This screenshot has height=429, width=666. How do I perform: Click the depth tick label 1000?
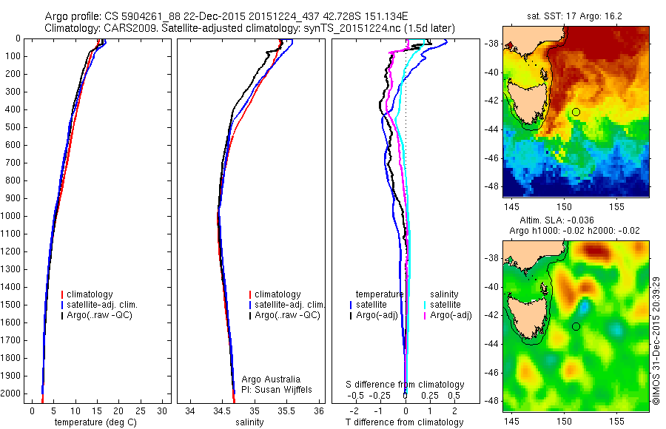click(11, 216)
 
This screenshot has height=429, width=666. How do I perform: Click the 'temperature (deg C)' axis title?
click(90, 422)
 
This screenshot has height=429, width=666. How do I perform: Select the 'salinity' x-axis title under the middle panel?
click(248, 422)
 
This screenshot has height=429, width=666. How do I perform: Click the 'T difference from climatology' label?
click(404, 422)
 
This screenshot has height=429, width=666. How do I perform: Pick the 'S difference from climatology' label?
click(406, 385)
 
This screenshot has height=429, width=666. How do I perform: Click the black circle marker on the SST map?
click(576, 112)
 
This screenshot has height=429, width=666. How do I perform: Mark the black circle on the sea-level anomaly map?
click(576, 326)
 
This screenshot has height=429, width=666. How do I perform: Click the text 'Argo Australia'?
click(272, 379)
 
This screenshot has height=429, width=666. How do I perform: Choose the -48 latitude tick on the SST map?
click(492, 186)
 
